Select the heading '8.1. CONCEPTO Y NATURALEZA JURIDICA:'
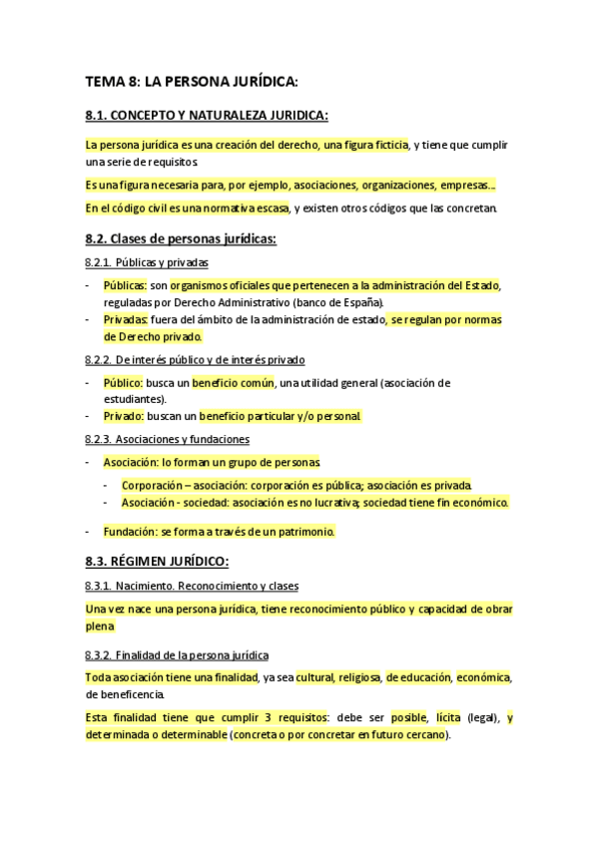pyautogui.click(x=207, y=115)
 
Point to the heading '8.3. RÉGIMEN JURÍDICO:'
pyautogui.click(x=158, y=561)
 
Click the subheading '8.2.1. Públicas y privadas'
pyautogui.click(x=147, y=262)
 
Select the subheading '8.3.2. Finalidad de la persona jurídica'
pyautogui.click(x=177, y=655)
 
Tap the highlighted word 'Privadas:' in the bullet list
pyautogui.click(x=125, y=319)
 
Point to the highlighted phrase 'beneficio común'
pyautogui.click(x=234, y=382)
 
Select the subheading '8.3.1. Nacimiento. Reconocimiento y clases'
pyautogui.click(x=192, y=585)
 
